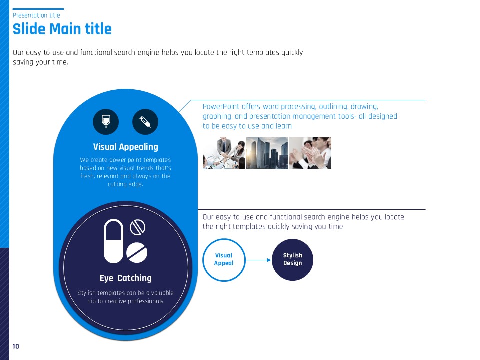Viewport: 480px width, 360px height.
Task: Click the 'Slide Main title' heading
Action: pyautogui.click(x=62, y=29)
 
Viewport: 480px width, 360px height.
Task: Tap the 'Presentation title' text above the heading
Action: pyautogui.click(x=36, y=15)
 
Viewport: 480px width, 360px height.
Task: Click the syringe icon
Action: pyautogui.click(x=145, y=122)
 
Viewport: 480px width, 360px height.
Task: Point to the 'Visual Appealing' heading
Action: pyautogui.click(x=126, y=147)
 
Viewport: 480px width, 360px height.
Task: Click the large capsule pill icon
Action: pyautogui.click(x=113, y=241)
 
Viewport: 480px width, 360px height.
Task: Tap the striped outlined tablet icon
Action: pyautogui.click(x=138, y=228)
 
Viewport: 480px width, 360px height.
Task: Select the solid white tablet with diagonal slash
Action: pyautogui.click(x=137, y=252)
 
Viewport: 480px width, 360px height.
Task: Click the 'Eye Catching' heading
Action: pyautogui.click(x=126, y=278)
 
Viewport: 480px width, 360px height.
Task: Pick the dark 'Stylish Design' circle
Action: pyautogui.click(x=292, y=260)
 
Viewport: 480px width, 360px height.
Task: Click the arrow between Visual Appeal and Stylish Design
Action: pyautogui.click(x=258, y=260)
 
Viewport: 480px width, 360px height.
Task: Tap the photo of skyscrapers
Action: pyautogui.click(x=267, y=153)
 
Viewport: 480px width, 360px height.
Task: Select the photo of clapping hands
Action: pyautogui.click(x=310, y=153)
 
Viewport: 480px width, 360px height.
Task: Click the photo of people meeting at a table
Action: pyautogui.click(x=224, y=153)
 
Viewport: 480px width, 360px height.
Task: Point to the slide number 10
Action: pyautogui.click(x=16, y=346)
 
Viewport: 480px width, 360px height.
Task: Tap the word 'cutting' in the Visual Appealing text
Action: pyautogui.click(x=117, y=184)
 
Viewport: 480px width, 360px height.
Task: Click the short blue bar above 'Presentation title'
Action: pyautogui.click(x=38, y=9)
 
